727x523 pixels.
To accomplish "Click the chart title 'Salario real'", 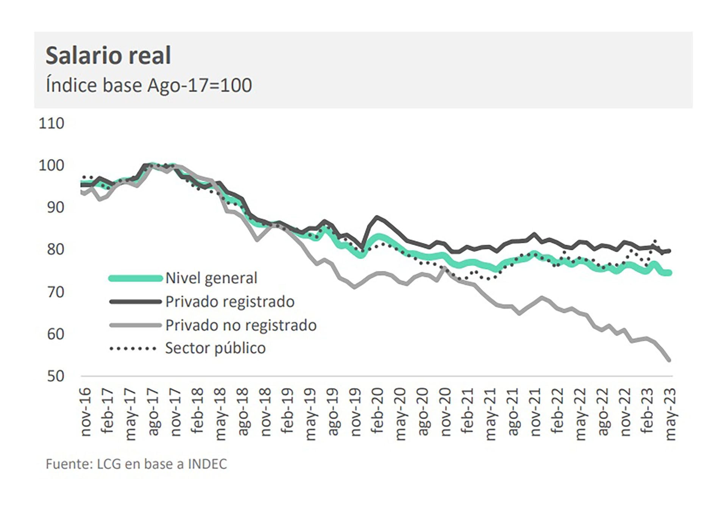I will [108, 55].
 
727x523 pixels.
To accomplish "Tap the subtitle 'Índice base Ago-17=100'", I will [148, 85].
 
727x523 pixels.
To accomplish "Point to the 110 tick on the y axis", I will [51, 124].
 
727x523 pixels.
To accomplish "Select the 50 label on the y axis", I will [56, 376].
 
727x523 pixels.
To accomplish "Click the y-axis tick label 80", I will [56, 249].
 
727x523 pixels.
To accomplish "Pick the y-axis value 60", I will [56, 334].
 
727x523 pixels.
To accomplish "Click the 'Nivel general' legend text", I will [211, 278].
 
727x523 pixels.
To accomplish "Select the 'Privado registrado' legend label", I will [230, 302].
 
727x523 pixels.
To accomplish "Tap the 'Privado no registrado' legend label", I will [241, 325].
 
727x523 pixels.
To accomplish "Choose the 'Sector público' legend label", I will [215, 348].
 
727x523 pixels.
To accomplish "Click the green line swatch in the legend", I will [136, 278].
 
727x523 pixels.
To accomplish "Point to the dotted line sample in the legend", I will [133, 348].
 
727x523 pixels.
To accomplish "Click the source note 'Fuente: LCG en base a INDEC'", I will [136, 464].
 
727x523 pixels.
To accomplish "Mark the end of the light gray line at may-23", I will [669, 360].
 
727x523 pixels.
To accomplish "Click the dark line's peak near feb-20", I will [377, 217].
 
